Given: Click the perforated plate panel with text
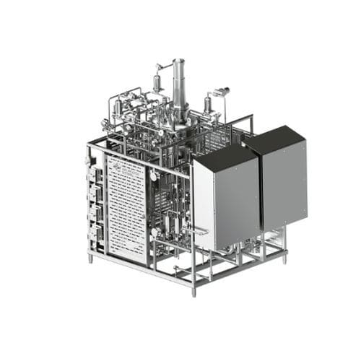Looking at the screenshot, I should coord(126,209).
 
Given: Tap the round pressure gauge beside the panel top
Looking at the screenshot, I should coord(153,175).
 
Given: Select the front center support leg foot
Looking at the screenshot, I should coord(193,292).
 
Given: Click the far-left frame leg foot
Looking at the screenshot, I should coord(90,258).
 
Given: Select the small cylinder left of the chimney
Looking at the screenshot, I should coord(157,82).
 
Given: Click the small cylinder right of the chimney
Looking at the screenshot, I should coord(208,104).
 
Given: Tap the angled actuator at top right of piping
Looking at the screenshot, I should coord(222,91).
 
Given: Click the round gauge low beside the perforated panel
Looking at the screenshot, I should coord(153,232).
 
